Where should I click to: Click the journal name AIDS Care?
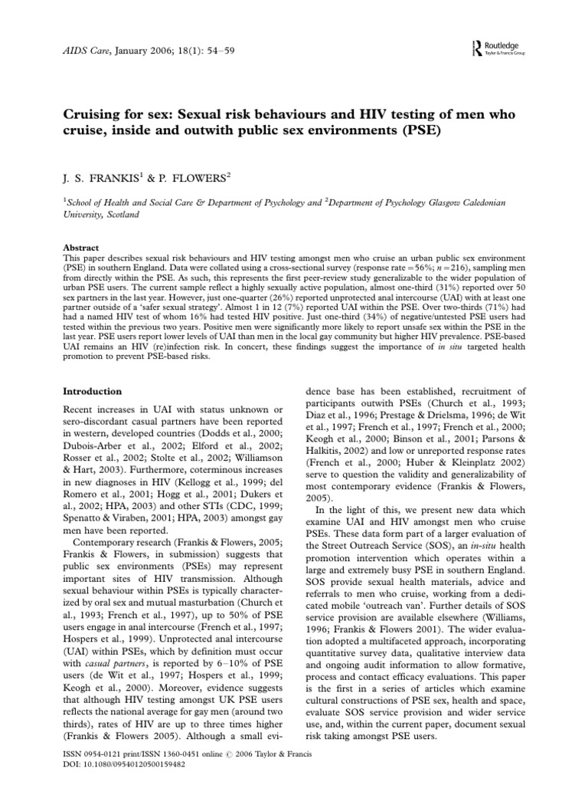[86, 48]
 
